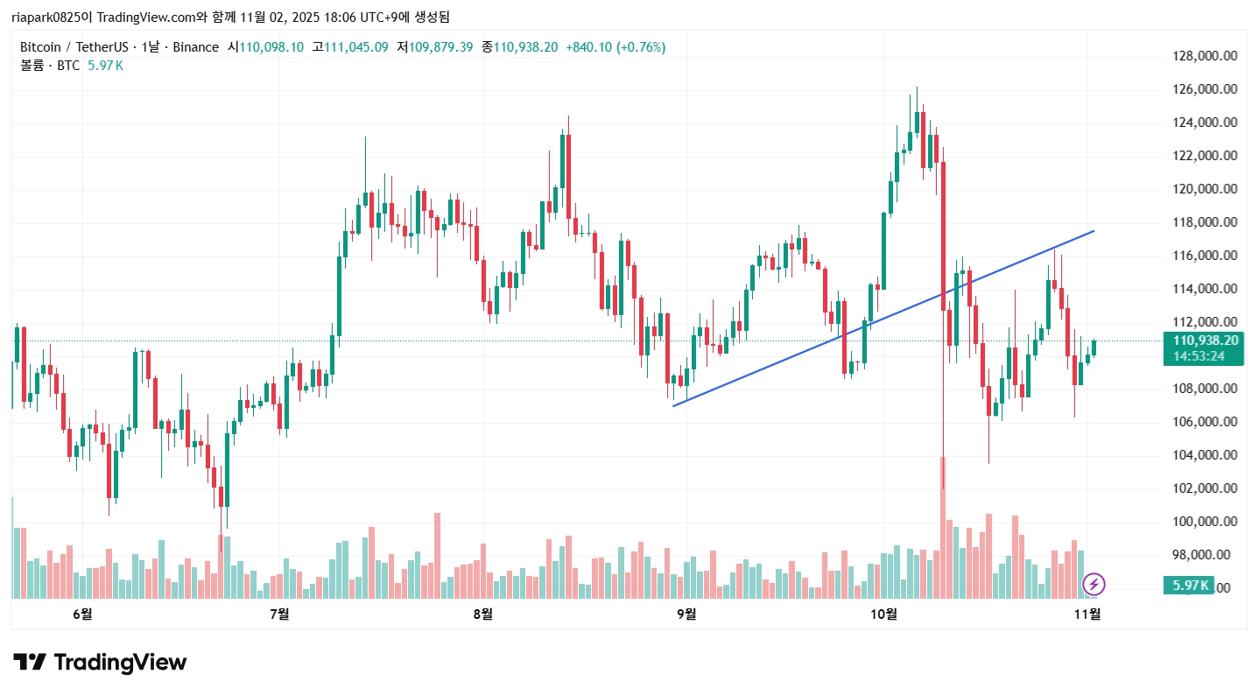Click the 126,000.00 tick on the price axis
coord(1205,89)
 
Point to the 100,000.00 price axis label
coord(1205,522)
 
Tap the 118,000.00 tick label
coord(1205,222)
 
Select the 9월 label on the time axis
coord(686,614)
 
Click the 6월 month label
coord(82,614)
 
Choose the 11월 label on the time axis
coord(1087,614)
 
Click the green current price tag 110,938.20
coord(1199,340)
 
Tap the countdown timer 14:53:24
coord(1199,356)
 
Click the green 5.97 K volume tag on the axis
coord(1187,586)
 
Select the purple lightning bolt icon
coord(1094,584)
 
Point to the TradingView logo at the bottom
coord(99,663)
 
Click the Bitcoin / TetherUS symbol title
coord(71,47)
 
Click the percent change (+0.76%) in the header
coord(641,47)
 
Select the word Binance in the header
coord(195,47)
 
